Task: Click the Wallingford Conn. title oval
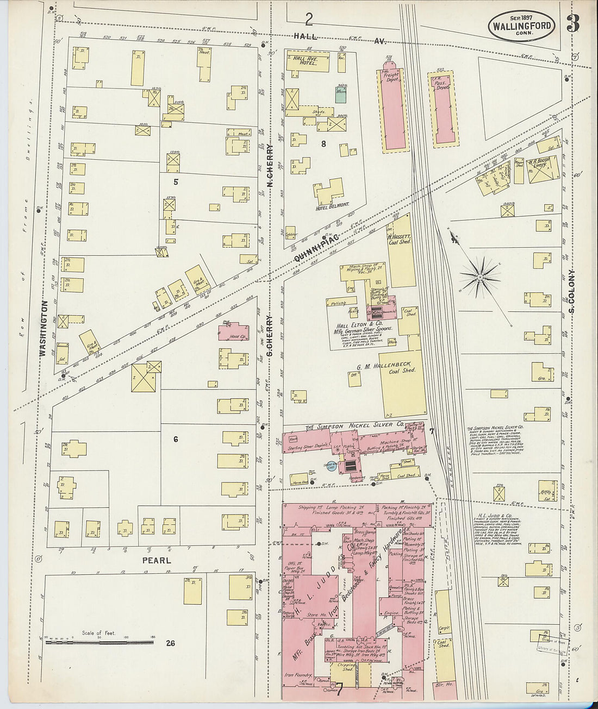(x=522, y=26)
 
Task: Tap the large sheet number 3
(x=572, y=24)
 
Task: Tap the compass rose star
(x=481, y=277)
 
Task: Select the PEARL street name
(x=157, y=560)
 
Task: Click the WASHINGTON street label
(x=43, y=328)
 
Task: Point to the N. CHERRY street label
(x=269, y=165)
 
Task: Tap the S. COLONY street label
(x=571, y=291)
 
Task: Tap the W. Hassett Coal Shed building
(x=401, y=250)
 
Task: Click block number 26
(x=171, y=643)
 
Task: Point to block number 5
(x=176, y=181)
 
